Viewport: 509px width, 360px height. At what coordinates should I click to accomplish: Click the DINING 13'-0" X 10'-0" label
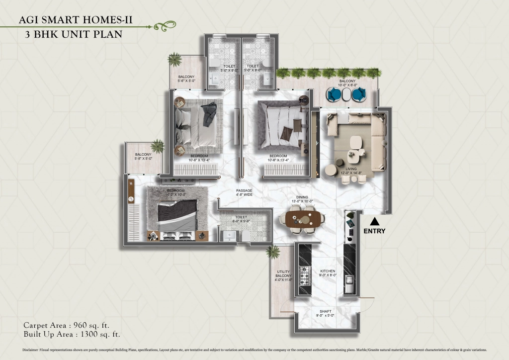pyautogui.click(x=302, y=199)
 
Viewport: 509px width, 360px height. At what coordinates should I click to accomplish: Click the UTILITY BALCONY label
pyautogui.click(x=283, y=275)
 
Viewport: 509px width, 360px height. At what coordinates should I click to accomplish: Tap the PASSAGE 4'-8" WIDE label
pyautogui.click(x=244, y=193)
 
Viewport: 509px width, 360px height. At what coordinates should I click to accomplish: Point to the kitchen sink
pyautogui.click(x=349, y=285)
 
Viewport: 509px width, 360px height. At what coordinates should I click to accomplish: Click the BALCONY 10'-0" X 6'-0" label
pyautogui.click(x=347, y=83)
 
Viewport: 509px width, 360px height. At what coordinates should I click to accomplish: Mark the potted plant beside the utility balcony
pyautogui.click(x=272, y=252)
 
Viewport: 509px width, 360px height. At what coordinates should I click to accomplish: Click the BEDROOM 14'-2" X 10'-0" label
pyautogui.click(x=176, y=193)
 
